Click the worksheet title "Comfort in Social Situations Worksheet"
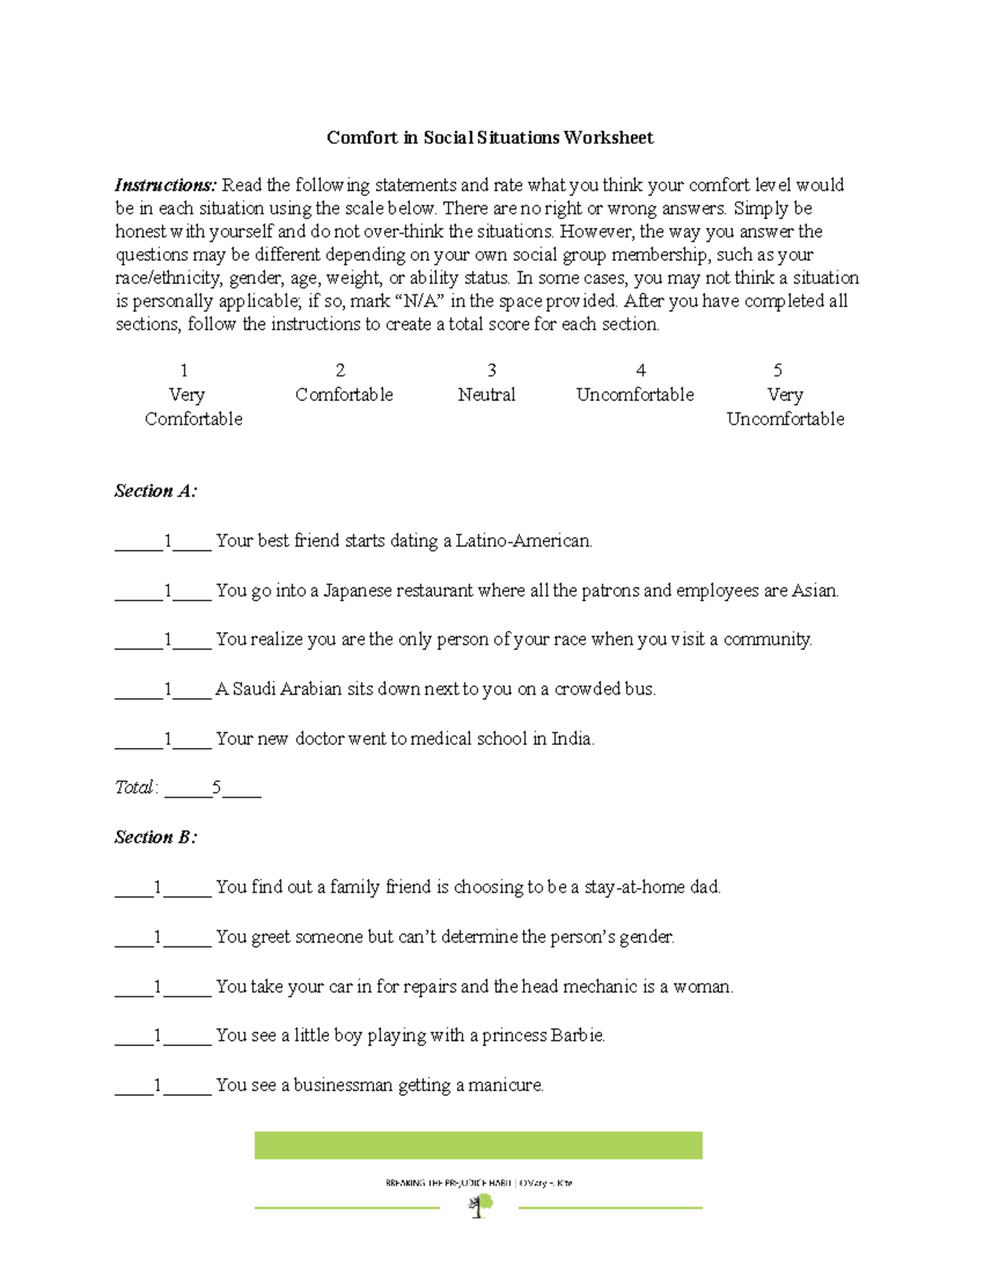(490, 138)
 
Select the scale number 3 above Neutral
(491, 370)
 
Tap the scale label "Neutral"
(486, 395)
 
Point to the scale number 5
(777, 370)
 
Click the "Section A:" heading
(156, 491)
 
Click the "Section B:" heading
(156, 838)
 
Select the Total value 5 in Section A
(216, 788)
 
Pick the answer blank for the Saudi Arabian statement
(164, 689)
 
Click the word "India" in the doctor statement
(572, 739)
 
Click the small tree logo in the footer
(480, 1205)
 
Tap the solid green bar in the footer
(478, 1145)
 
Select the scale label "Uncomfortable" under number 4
(635, 395)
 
